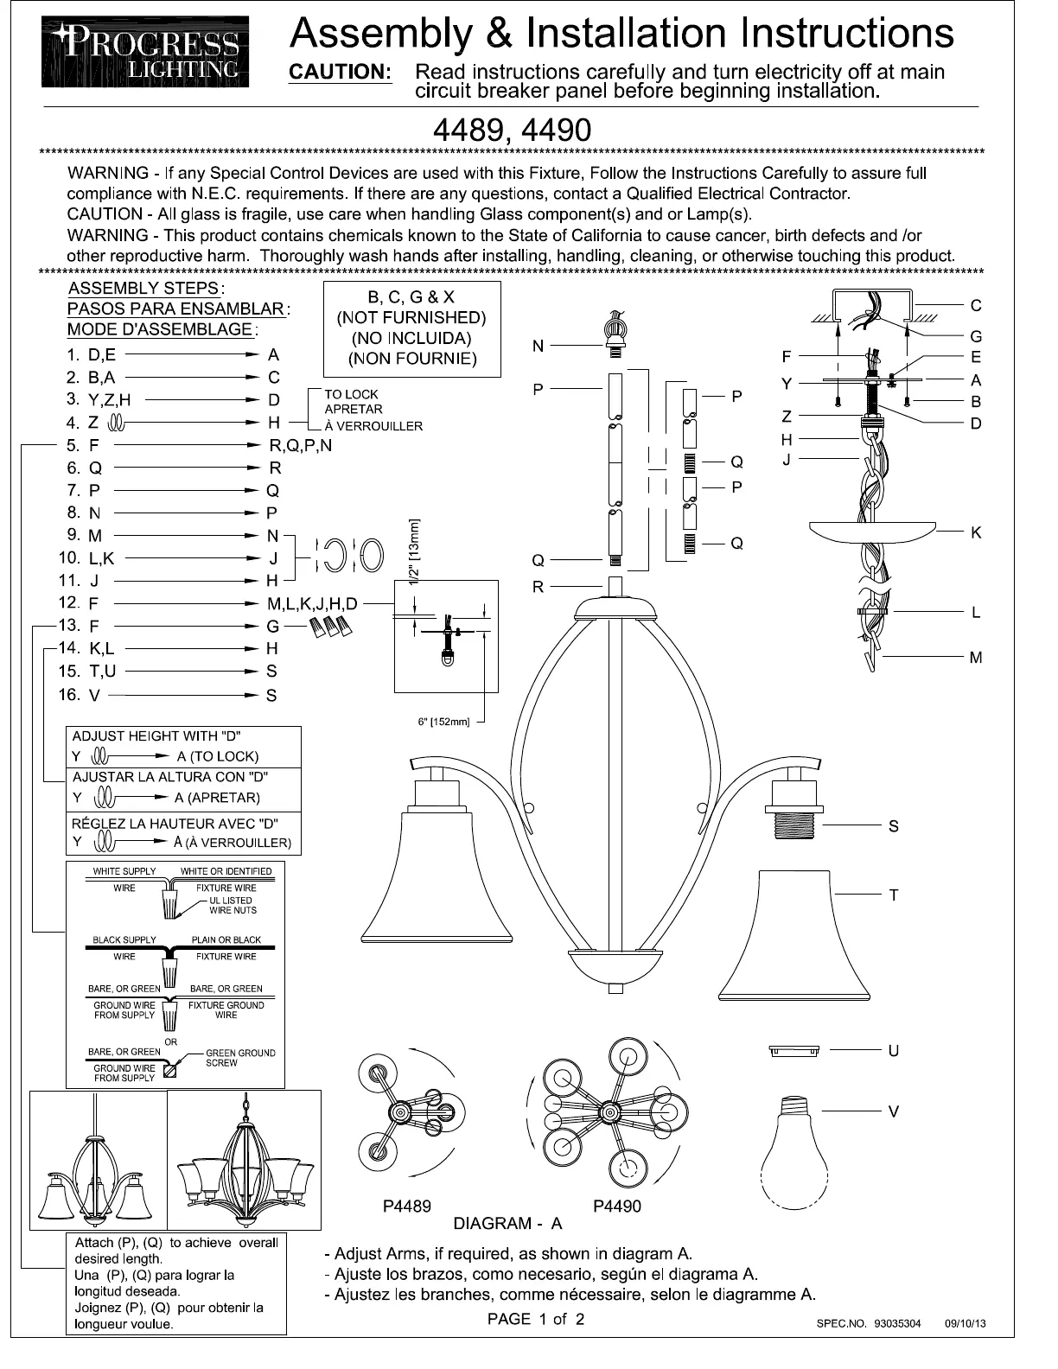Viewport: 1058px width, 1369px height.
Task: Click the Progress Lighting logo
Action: [145, 52]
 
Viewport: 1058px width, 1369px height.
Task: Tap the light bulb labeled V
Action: [793, 1149]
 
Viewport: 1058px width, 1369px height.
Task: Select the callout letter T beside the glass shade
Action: [894, 895]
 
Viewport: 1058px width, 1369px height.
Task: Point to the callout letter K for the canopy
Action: [976, 532]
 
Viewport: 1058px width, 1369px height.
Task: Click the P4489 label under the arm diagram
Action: [406, 1207]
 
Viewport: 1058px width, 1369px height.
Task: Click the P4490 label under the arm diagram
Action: [617, 1207]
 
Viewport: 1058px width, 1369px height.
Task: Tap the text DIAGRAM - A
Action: [507, 1224]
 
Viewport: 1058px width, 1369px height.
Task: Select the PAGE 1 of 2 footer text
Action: [536, 1319]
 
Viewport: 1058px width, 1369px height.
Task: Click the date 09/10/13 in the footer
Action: [966, 1323]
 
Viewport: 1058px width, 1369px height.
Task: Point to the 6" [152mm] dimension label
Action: [443, 722]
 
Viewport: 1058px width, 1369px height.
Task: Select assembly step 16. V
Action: [83, 695]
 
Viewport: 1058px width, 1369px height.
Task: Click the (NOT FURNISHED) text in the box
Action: [411, 318]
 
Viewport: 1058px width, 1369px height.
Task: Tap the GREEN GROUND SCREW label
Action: [240, 1058]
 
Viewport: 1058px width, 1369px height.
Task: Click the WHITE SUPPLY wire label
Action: [124, 871]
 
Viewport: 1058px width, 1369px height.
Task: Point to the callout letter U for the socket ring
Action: [894, 1051]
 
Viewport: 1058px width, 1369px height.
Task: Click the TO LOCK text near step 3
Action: [351, 394]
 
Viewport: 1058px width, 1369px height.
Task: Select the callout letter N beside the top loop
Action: [538, 347]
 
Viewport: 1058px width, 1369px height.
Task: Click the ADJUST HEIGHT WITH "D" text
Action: [156, 736]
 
